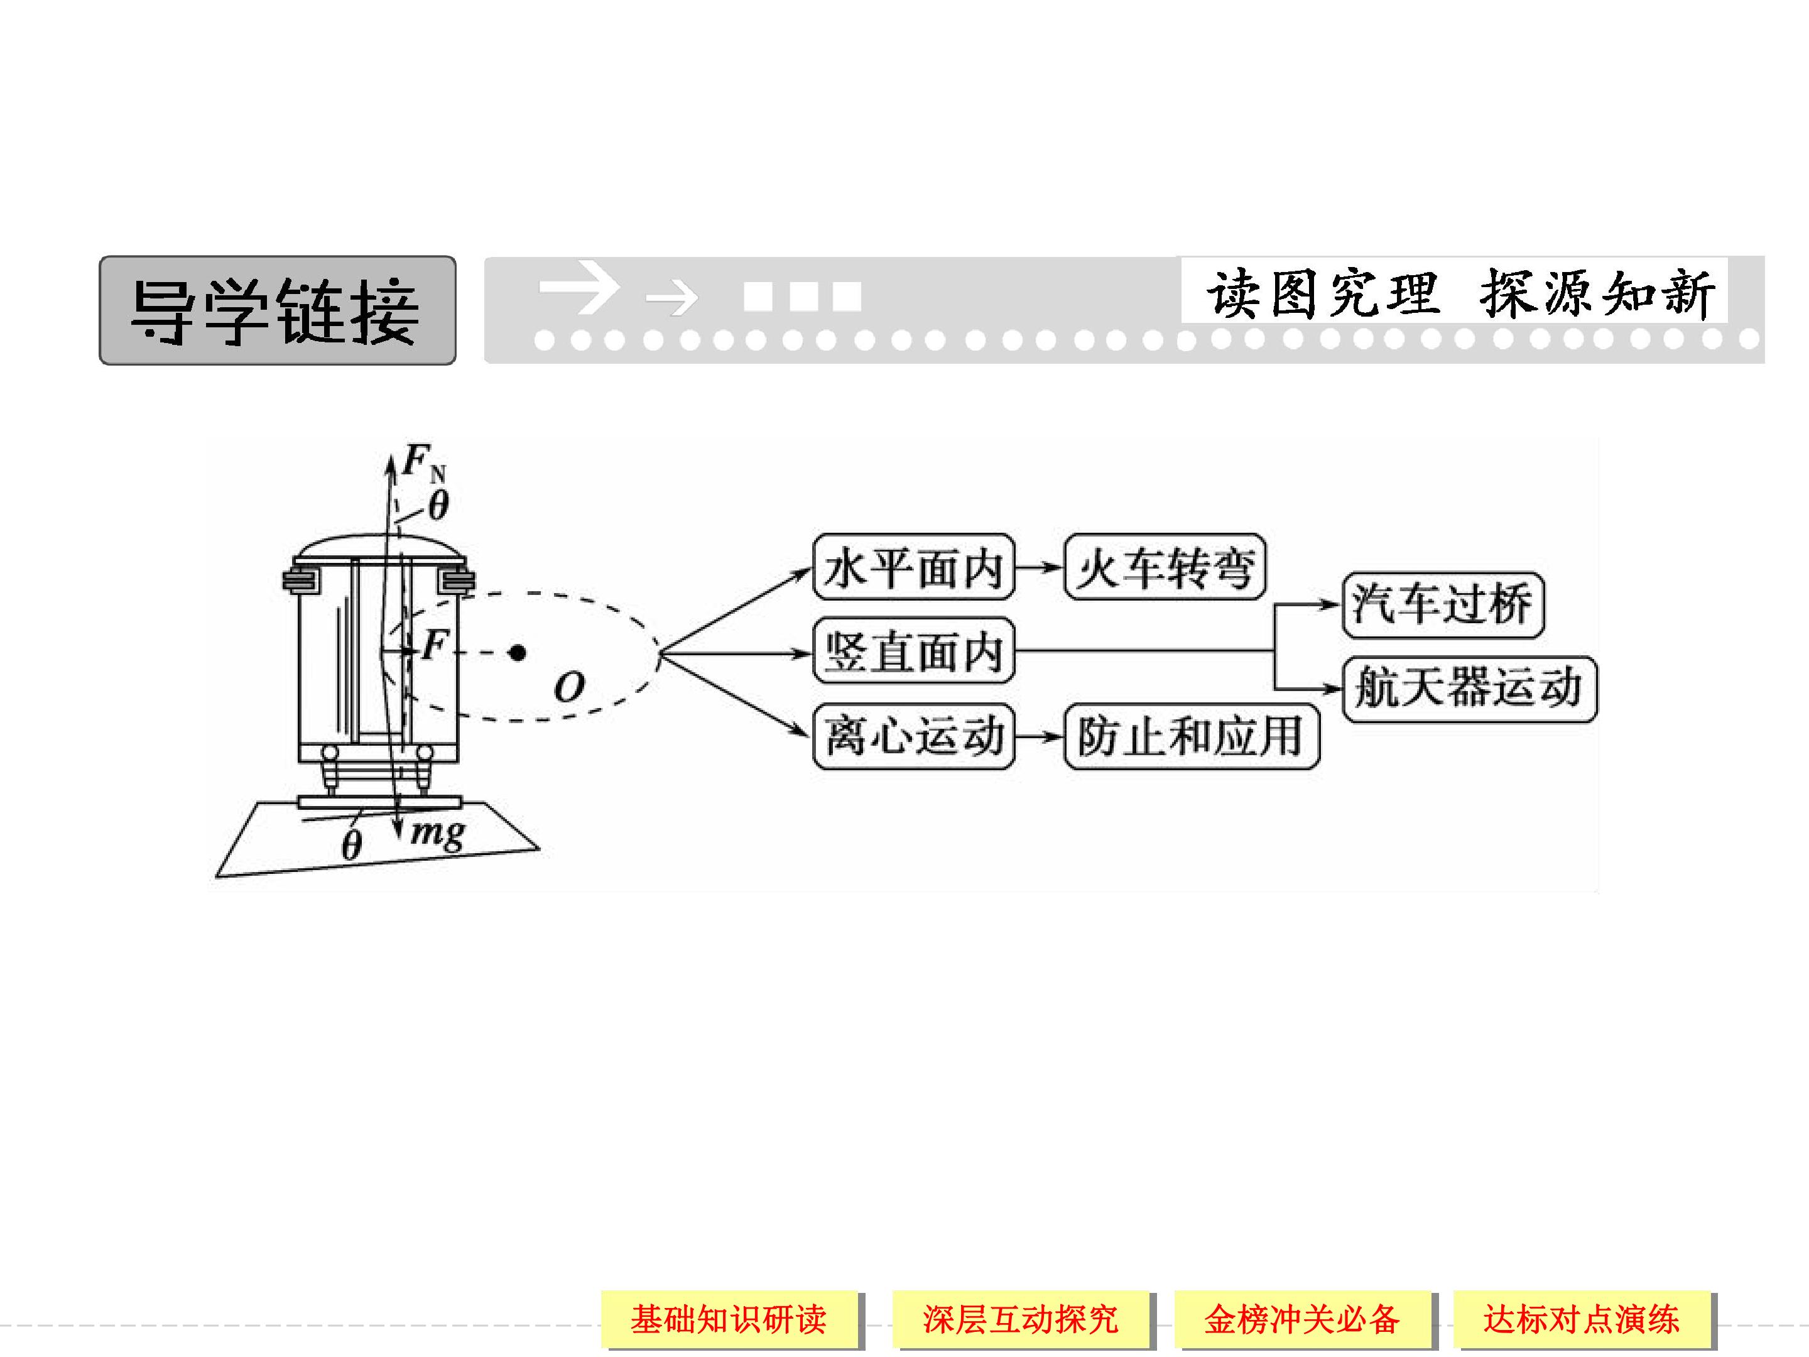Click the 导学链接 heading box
[277, 310]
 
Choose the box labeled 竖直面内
[913, 651]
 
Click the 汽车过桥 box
[1443, 605]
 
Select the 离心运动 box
[913, 736]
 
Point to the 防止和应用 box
[1191, 736]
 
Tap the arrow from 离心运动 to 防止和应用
[1040, 736]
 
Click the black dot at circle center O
[517, 652]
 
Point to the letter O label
[569, 687]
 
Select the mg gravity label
[438, 834]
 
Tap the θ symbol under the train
[351, 845]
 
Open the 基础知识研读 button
[729, 1319]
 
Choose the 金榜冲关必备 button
[1302, 1319]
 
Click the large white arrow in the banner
[579, 287]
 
